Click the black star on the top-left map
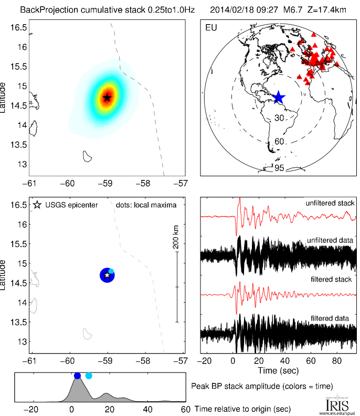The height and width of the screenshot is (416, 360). coord(107,97)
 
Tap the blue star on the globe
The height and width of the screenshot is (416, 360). coord(279,97)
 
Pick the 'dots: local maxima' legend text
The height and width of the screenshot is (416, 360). coord(146,205)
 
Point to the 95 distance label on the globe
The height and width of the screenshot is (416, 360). coord(279,168)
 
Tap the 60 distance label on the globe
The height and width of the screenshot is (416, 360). coord(279,142)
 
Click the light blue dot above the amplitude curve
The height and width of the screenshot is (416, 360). coord(89,376)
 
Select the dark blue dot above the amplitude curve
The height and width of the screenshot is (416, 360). coord(78,376)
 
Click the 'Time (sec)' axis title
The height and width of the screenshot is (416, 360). coord(278,371)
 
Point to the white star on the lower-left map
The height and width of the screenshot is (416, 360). coord(107,275)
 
